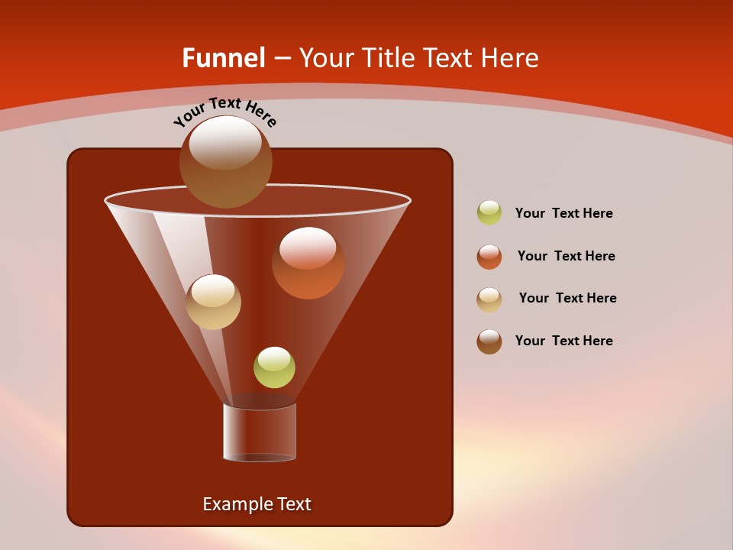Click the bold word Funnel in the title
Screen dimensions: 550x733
[x=223, y=58]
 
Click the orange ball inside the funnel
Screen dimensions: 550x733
[x=308, y=264]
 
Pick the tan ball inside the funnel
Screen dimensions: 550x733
[x=213, y=302]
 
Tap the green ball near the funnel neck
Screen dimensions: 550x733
[x=274, y=367]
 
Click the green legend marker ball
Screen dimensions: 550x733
[x=489, y=213]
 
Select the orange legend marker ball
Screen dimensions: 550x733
[x=489, y=257]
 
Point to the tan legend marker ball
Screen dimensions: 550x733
[x=489, y=299]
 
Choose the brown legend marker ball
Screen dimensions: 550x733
[x=489, y=341]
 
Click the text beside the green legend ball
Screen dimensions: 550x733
[x=563, y=214]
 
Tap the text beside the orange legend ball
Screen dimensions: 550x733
[x=566, y=257]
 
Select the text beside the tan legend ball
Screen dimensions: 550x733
[x=567, y=299]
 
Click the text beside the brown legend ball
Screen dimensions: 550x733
[x=563, y=341]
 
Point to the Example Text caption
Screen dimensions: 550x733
[x=257, y=504]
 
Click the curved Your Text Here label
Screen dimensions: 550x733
[x=225, y=111]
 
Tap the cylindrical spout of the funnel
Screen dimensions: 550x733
[x=260, y=432]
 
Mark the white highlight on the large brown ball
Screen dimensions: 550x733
[x=225, y=143]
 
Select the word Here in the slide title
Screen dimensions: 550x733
[x=510, y=58]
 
